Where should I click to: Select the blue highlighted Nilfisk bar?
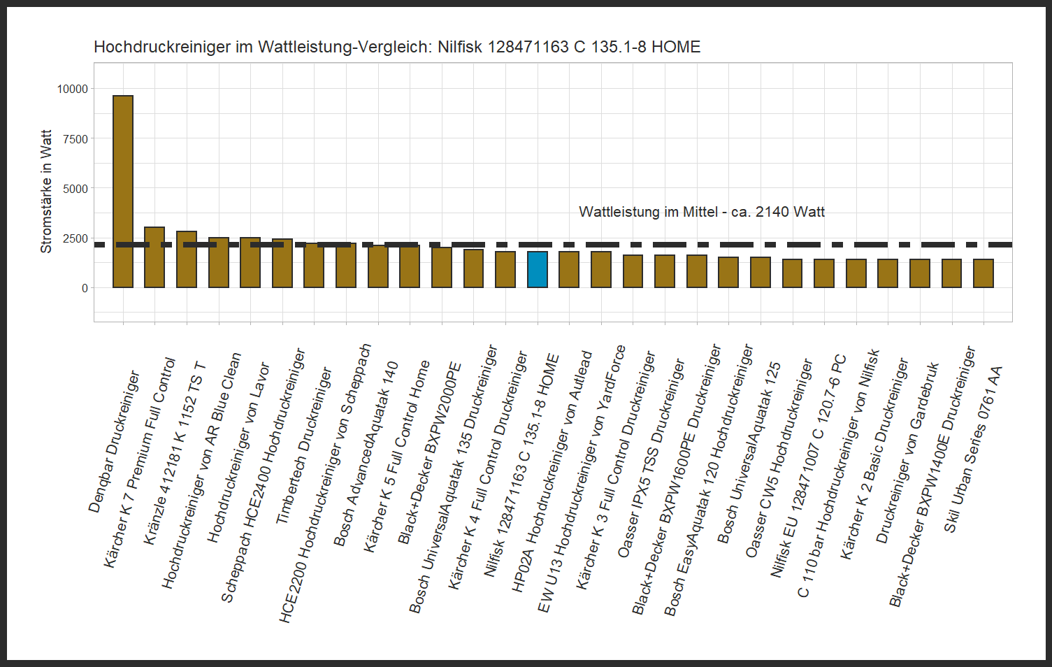[x=538, y=270]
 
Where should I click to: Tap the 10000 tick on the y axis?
[x=73, y=89]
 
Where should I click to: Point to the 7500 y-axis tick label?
[x=75, y=139]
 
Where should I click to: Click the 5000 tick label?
[x=75, y=189]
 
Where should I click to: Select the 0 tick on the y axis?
[x=85, y=288]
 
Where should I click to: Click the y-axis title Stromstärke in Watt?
[x=46, y=191]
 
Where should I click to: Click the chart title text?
[x=397, y=47]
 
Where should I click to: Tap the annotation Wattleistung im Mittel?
[x=702, y=212]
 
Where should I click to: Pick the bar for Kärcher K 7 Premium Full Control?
[x=154, y=257]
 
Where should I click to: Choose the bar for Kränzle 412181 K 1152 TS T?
[x=187, y=259]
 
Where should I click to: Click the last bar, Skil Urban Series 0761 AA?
[x=983, y=273]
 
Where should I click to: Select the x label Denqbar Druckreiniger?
[x=115, y=442]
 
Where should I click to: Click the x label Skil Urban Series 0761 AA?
[x=974, y=449]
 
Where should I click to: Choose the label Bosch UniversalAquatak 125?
[x=749, y=452]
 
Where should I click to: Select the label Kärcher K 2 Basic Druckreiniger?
[x=874, y=459]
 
